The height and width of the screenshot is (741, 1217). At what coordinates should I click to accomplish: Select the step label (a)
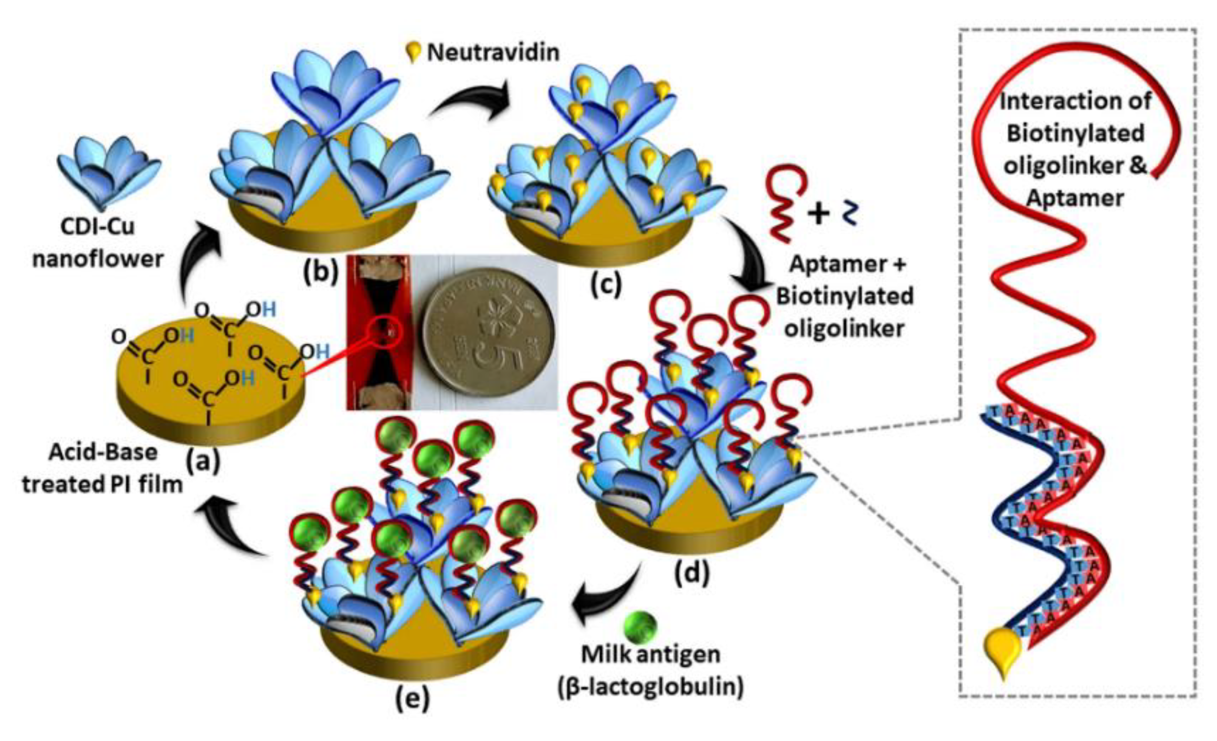[203, 461]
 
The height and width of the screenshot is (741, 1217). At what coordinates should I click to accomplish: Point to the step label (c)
[605, 283]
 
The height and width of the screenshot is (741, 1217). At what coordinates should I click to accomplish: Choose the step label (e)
[413, 697]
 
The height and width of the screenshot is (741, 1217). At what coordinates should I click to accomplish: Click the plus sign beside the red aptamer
[819, 214]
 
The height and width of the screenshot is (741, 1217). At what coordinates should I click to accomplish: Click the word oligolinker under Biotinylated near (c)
[844, 329]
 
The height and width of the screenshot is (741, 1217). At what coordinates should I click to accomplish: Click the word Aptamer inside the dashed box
[1075, 198]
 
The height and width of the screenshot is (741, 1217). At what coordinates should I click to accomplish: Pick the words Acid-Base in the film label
[103, 453]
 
